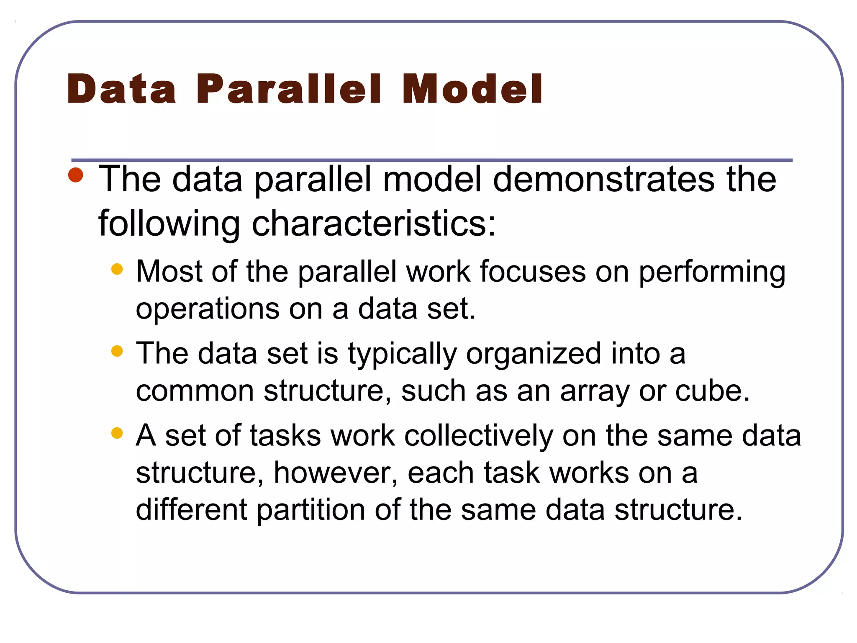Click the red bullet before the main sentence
[x=76, y=175]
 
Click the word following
[x=169, y=224]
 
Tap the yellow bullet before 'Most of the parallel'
[x=117, y=269]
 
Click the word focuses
[x=533, y=271]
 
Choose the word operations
[x=208, y=309]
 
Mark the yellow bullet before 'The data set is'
[x=117, y=351]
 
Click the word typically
[x=402, y=354]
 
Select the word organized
[x=534, y=354]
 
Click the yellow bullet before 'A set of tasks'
[x=117, y=433]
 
